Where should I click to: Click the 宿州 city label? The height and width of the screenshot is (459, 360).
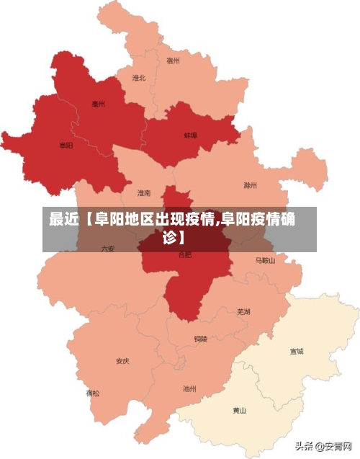tap(173, 61)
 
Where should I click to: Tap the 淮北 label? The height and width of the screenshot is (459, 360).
tap(139, 78)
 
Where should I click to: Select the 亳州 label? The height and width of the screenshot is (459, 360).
tap(99, 104)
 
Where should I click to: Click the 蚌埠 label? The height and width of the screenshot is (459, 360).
tap(190, 135)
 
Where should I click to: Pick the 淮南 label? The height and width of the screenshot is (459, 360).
tap(145, 193)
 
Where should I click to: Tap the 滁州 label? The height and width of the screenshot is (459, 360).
tap(250, 185)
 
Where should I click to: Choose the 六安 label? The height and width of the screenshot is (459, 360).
tap(108, 248)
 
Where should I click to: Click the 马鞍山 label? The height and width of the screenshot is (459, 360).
tap(265, 260)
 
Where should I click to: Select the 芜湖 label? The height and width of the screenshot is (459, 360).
tap(243, 311)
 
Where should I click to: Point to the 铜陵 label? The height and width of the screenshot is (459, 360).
tap(200, 338)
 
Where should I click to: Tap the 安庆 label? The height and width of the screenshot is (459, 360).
tap(123, 361)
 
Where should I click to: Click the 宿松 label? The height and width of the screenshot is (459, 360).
tap(94, 393)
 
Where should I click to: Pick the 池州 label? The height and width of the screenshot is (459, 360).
tap(189, 388)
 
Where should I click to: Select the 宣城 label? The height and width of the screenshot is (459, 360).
tap(296, 352)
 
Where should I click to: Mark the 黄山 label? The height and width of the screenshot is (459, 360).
tap(239, 411)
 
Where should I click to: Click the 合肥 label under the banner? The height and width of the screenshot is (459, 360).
tap(185, 255)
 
